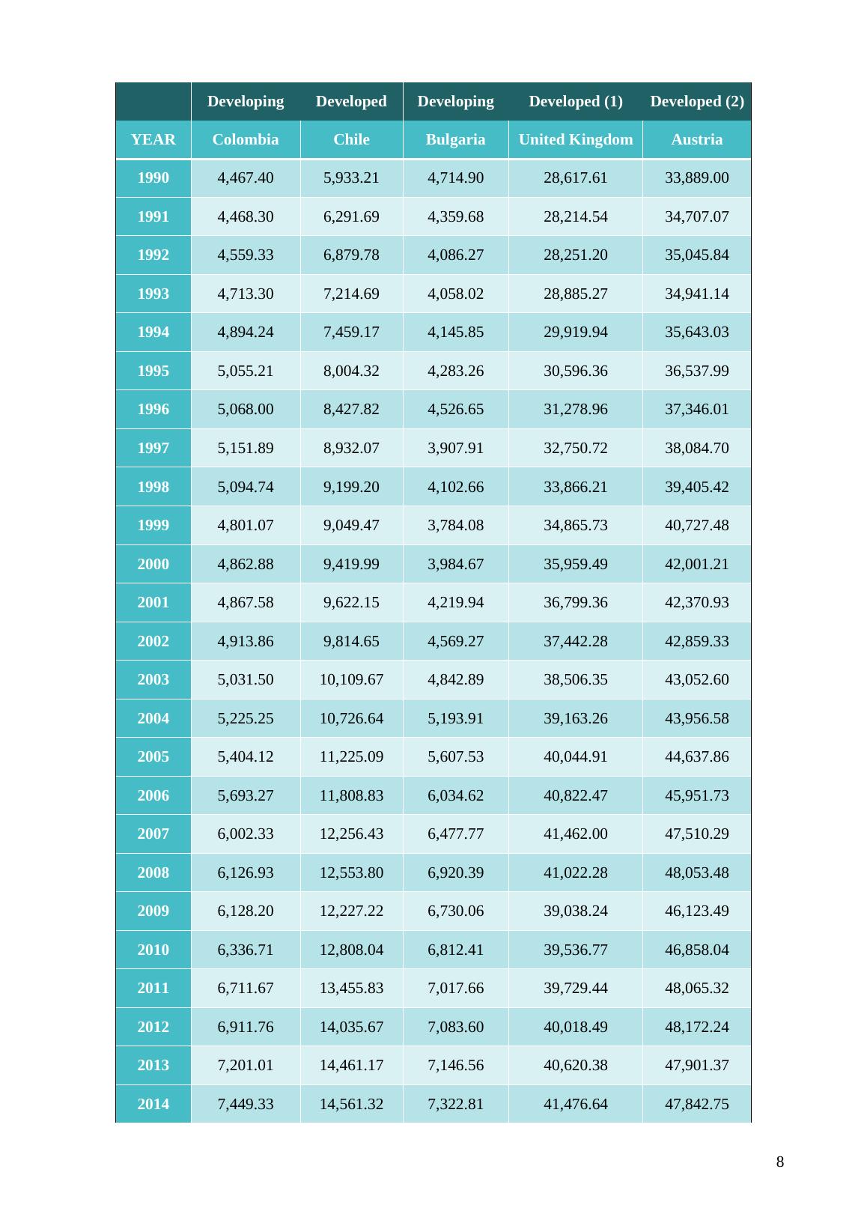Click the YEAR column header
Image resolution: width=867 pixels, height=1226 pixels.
pyautogui.click(x=153, y=139)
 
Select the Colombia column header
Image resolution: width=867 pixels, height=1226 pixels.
pyautogui.click(x=246, y=139)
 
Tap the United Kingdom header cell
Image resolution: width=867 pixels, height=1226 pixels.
pyautogui.click(x=575, y=139)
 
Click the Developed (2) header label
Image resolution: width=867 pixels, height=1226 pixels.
pyautogui.click(x=696, y=101)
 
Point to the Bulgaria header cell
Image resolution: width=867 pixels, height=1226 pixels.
pyautogui.click(x=455, y=139)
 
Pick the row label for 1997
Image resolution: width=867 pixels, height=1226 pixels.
pyautogui.click(x=153, y=448)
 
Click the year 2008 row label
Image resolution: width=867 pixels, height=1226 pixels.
pyautogui.click(x=153, y=873)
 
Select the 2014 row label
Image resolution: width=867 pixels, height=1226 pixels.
pyautogui.click(x=153, y=1104)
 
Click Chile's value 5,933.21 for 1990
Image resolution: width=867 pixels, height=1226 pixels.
pyautogui.click(x=351, y=177)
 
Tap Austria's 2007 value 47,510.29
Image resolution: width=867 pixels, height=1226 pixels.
pyautogui.click(x=696, y=834)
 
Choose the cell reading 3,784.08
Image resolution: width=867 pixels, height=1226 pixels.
pyautogui.click(x=455, y=525)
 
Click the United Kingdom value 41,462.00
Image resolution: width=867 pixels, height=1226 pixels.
pyautogui.click(x=575, y=834)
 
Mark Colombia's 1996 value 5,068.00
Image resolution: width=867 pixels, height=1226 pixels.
pyautogui.click(x=246, y=409)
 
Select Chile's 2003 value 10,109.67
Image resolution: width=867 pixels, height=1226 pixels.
pyautogui.click(x=351, y=679)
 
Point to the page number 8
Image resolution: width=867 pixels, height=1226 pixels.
pyautogui.click(x=780, y=1162)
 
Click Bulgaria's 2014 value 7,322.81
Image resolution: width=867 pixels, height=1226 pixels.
pyautogui.click(x=455, y=1104)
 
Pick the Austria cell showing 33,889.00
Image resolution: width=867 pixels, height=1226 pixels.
pyautogui.click(x=696, y=177)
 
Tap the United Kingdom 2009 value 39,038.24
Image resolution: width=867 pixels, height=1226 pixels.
pyautogui.click(x=575, y=911)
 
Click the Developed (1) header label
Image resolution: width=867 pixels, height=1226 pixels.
pyautogui.click(x=575, y=101)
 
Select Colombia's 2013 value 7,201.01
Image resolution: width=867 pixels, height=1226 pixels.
pyautogui.click(x=246, y=1065)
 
